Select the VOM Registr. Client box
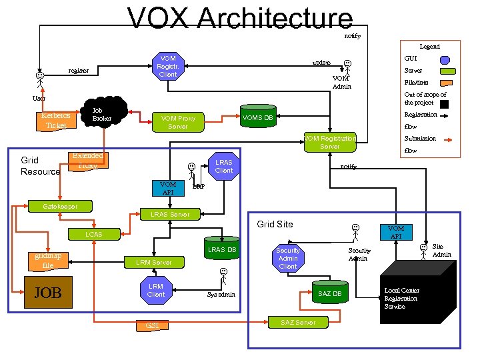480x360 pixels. point(168,67)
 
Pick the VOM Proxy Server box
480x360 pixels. point(178,122)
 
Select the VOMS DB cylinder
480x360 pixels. point(257,118)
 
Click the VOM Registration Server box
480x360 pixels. point(329,142)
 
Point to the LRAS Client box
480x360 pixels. point(224,166)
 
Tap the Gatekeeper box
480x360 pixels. point(60,207)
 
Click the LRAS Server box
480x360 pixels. point(170,214)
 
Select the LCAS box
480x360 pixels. point(94,234)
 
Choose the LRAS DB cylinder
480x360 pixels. point(222,249)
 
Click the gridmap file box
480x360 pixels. point(48,261)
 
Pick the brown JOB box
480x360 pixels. point(48,293)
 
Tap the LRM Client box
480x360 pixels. point(156,290)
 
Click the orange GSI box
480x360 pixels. point(152,325)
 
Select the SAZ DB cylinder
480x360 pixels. point(329,293)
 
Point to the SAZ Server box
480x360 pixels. point(298,322)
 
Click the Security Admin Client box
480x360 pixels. point(288,258)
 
